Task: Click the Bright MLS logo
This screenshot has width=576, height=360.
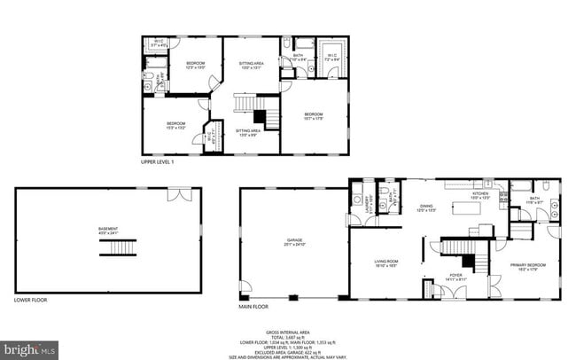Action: (30, 348)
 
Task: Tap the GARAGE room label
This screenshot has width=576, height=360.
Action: (294, 242)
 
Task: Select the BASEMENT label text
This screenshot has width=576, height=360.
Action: (108, 230)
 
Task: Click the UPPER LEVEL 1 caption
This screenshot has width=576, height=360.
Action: (158, 162)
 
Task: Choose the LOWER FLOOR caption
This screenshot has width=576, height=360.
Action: (32, 300)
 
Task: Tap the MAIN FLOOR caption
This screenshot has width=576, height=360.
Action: (253, 307)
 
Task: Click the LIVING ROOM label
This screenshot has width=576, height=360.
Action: (386, 262)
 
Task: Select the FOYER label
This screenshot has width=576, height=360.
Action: (455, 276)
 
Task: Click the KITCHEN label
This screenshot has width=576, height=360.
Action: (480, 194)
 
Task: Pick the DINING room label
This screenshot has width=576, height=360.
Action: (426, 207)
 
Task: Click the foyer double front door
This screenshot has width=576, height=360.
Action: (457, 291)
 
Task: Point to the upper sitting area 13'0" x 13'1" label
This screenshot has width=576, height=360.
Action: (252, 66)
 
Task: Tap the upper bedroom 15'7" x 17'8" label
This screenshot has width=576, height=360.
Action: (314, 116)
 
